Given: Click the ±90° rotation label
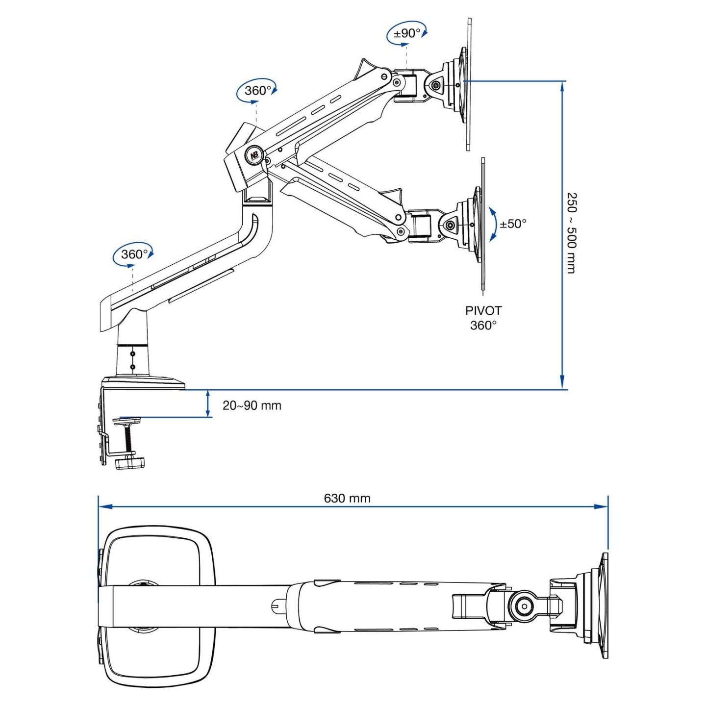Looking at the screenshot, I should (x=407, y=33).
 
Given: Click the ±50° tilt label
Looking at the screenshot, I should (x=513, y=224).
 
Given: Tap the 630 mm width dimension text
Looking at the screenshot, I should (x=347, y=498).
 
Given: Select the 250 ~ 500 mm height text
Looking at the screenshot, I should (x=572, y=233).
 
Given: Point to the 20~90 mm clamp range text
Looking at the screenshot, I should (x=252, y=405).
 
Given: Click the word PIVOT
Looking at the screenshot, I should (x=483, y=311).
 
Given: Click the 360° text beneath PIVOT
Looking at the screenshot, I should (x=483, y=325).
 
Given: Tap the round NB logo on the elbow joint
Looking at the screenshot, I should (x=254, y=155).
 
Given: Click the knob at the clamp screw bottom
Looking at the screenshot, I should (x=130, y=461).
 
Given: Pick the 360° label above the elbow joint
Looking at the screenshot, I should (x=258, y=91).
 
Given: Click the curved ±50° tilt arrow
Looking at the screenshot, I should (x=493, y=224).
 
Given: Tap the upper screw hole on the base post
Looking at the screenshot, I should (x=132, y=353).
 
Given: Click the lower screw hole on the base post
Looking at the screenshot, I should (x=132, y=366).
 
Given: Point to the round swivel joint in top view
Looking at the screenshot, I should (x=524, y=606).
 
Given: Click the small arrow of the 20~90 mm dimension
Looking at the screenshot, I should (x=208, y=403).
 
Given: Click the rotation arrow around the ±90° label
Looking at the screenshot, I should (x=425, y=32).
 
